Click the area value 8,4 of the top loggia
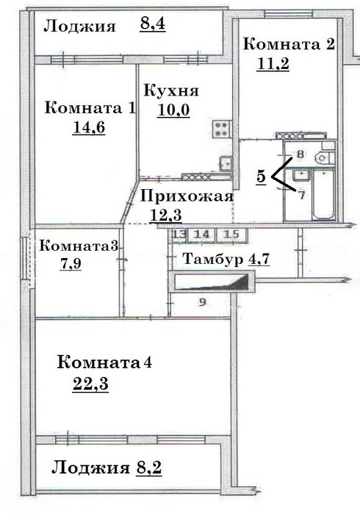(153, 24)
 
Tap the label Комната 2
(289, 44)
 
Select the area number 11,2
(273, 63)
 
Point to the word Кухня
(171, 90)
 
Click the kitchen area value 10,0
(173, 110)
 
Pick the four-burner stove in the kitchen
(221, 129)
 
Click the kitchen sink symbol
(226, 163)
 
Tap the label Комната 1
(90, 108)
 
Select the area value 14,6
(89, 127)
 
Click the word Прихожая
(187, 196)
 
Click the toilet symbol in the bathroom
(324, 157)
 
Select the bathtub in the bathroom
(324, 194)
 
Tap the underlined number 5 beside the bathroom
(261, 176)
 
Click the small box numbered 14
(201, 235)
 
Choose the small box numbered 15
(231, 235)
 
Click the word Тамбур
(213, 259)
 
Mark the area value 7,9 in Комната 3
(71, 263)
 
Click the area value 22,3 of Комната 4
(90, 384)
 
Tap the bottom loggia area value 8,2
(148, 468)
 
